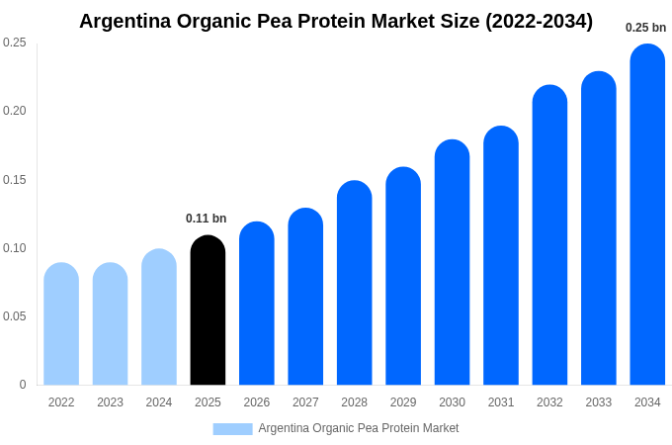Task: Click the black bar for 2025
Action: pos(208,311)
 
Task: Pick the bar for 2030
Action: pos(452,262)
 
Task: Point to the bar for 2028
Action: pos(354,283)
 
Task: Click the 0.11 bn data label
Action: pos(206,219)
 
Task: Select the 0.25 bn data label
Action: pos(645,28)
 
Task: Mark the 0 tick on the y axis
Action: pos(23,385)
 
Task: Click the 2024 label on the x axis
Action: pos(159,402)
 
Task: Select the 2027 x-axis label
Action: pos(305,402)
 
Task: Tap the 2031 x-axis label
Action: pos(501,402)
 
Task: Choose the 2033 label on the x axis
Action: pos(598,402)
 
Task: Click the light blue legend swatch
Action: pos(232,429)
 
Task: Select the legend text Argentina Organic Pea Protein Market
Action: pos(359,428)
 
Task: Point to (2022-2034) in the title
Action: pos(539,21)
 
